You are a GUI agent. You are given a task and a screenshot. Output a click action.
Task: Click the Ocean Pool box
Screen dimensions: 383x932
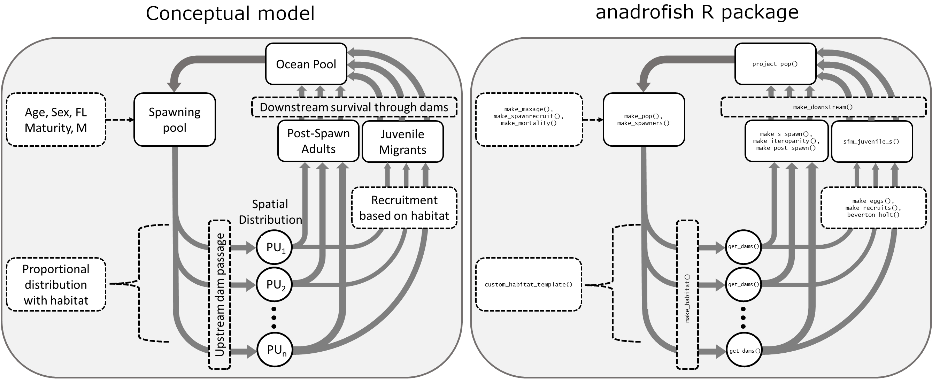(x=306, y=64)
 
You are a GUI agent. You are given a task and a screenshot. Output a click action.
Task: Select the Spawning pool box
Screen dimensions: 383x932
(x=175, y=120)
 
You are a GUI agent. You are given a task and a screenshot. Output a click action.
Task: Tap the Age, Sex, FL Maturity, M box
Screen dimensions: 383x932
(x=56, y=120)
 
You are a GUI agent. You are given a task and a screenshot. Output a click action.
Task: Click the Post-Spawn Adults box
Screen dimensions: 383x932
(x=318, y=141)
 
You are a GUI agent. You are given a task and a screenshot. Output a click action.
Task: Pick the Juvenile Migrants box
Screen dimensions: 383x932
(x=402, y=142)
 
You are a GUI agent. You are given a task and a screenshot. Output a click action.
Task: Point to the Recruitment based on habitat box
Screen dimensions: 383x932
(x=404, y=208)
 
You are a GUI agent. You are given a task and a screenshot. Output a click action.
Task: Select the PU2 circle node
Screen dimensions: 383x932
(x=274, y=284)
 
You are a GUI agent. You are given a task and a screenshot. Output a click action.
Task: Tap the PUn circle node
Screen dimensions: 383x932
(x=275, y=350)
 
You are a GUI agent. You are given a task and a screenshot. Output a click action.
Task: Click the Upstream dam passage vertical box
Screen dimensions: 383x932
(x=219, y=295)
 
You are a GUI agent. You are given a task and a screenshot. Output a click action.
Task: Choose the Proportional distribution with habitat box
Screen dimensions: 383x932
(x=56, y=284)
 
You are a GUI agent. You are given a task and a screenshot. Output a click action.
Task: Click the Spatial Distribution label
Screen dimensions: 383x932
(x=270, y=212)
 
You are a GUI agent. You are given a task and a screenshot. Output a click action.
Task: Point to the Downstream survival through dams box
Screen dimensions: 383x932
(x=354, y=107)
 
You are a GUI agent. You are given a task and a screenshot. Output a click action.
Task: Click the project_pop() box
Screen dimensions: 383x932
(x=775, y=64)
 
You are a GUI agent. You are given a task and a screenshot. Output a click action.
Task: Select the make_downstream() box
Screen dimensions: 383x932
(x=823, y=107)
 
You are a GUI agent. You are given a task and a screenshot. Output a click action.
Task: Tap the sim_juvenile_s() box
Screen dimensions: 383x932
(x=872, y=141)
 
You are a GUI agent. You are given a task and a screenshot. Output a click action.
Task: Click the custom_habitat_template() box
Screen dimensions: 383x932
(x=528, y=284)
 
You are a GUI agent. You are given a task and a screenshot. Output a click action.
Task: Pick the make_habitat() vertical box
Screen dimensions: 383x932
(x=687, y=295)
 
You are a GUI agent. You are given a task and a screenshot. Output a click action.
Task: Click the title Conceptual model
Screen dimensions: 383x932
(x=230, y=13)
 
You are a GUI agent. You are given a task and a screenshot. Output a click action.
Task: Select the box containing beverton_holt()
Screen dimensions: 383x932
(x=873, y=208)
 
